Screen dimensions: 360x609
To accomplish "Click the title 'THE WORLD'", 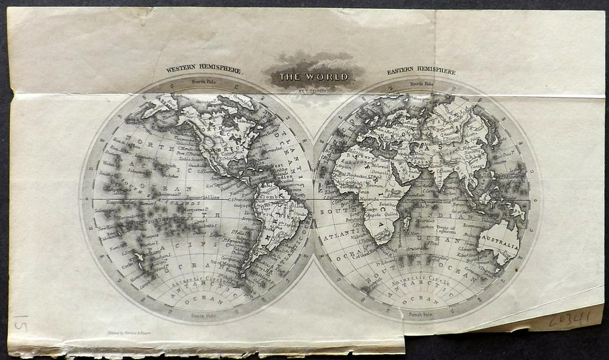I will (313, 76).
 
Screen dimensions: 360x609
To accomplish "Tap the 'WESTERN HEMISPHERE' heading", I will (204, 70).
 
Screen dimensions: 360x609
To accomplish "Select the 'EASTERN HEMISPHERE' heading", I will (421, 71).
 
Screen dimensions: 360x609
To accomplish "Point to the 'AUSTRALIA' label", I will (499, 246).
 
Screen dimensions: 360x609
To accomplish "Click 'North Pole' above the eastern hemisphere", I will (423, 84).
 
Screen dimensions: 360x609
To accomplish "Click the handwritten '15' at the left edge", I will (19, 323).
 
